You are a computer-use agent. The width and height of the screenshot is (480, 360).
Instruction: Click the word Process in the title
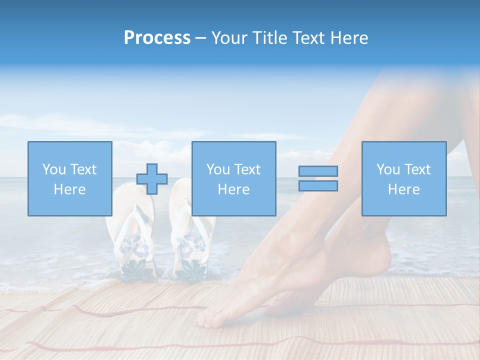pyautogui.click(x=157, y=38)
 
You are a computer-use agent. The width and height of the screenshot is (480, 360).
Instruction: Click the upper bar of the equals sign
pyautogui.click(x=318, y=171)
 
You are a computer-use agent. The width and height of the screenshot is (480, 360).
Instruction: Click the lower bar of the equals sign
pyautogui.click(x=318, y=186)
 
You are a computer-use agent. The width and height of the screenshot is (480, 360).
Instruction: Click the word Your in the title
pyautogui.click(x=229, y=38)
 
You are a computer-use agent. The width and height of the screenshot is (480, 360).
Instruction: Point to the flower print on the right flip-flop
pyautogui.click(x=191, y=245)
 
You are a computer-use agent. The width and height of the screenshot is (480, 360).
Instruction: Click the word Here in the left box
pyautogui.click(x=69, y=189)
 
